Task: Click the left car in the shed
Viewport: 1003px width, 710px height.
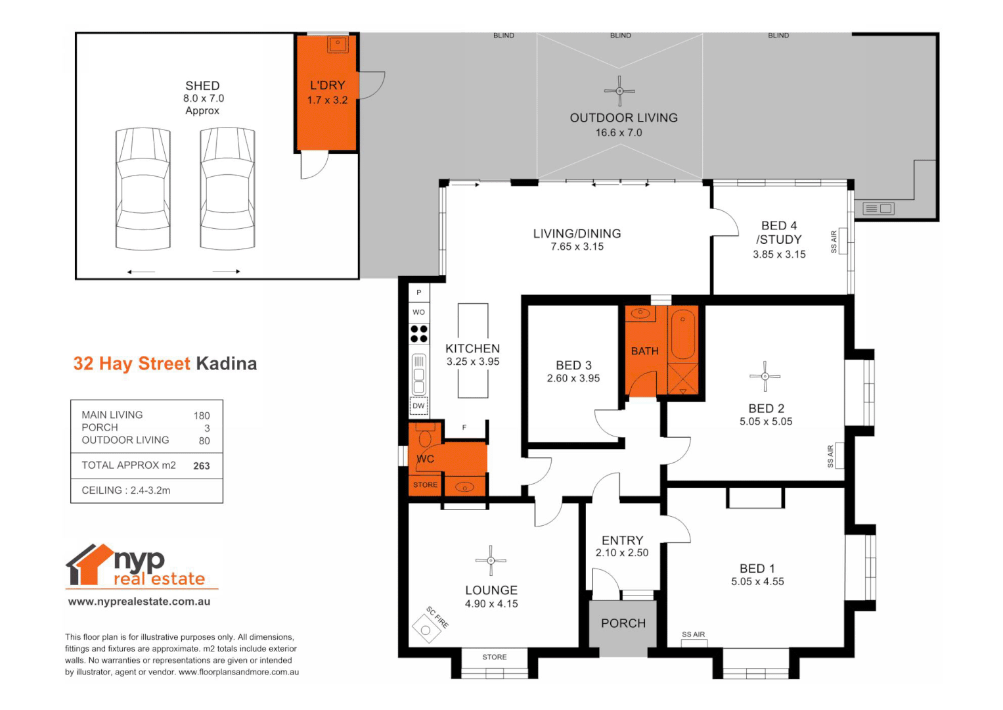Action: [x=143, y=189]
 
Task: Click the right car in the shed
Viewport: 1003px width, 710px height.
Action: [x=227, y=189]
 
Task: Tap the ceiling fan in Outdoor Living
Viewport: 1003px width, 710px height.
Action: [x=619, y=91]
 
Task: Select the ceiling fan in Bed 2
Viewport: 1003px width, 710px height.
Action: [x=765, y=376]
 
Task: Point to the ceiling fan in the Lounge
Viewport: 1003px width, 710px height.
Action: [x=491, y=560]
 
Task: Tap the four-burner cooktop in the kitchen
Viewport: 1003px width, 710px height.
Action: [x=419, y=334]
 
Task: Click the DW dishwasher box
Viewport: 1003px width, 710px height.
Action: [x=418, y=406]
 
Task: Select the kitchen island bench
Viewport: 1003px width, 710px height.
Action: [x=473, y=350]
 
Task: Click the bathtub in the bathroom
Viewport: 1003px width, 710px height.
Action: [x=683, y=334]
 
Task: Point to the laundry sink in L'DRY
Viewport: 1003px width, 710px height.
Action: [x=338, y=45]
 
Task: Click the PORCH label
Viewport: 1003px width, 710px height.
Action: [x=623, y=623]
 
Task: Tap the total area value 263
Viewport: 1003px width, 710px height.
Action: [x=202, y=466]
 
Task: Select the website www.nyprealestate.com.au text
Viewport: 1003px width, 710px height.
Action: [x=139, y=602]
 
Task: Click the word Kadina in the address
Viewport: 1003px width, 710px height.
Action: [x=227, y=364]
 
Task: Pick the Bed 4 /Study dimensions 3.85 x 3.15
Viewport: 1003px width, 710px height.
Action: [x=779, y=254]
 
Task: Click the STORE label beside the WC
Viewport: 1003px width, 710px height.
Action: [x=425, y=485]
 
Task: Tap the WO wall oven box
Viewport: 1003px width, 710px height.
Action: [x=418, y=312]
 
